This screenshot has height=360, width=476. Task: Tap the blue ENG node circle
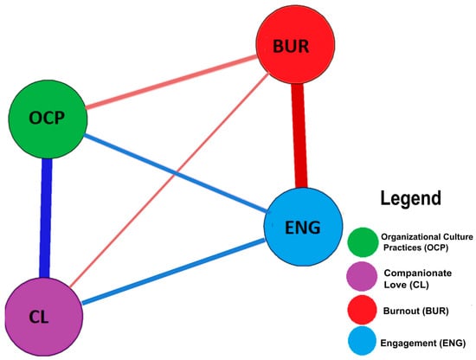302,228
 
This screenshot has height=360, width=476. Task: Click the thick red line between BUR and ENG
299,138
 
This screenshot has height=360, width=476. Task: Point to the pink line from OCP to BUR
164,87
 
